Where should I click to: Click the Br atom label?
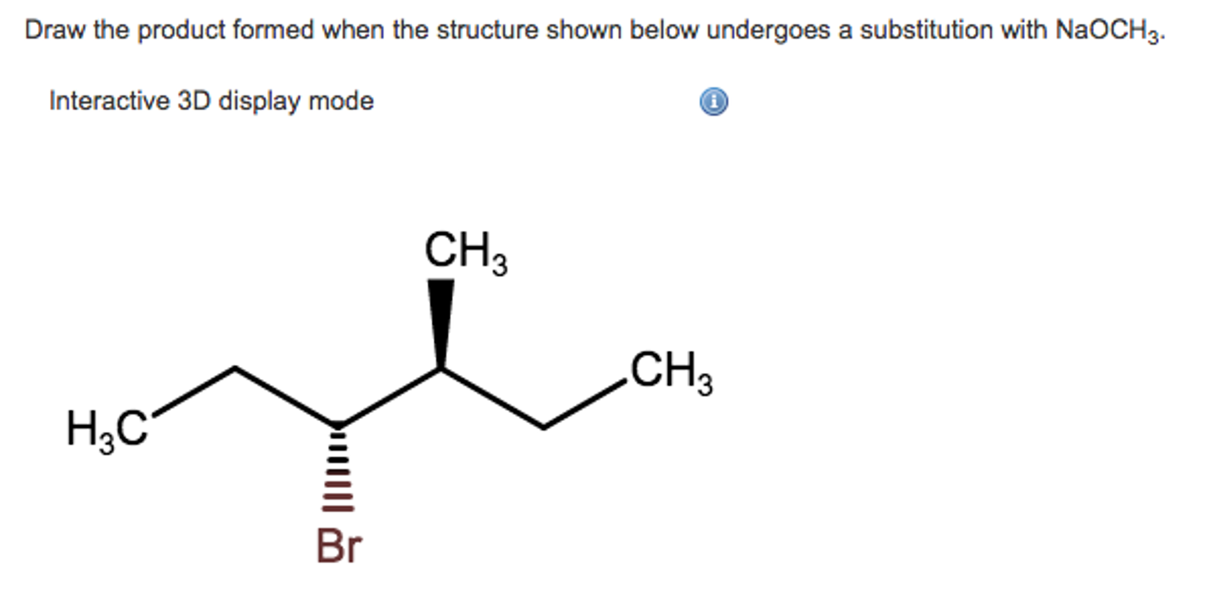[x=339, y=546]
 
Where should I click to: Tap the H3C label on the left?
[x=107, y=429]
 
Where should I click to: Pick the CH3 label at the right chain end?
[x=671, y=372]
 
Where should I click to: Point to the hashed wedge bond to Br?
[x=337, y=472]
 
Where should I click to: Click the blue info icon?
[x=714, y=102]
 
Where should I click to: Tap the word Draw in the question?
[x=55, y=30]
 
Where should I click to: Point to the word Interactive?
[x=110, y=101]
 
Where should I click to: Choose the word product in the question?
[x=181, y=31]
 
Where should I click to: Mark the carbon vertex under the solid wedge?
[x=441, y=369]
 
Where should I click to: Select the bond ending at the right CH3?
[x=584, y=404]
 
